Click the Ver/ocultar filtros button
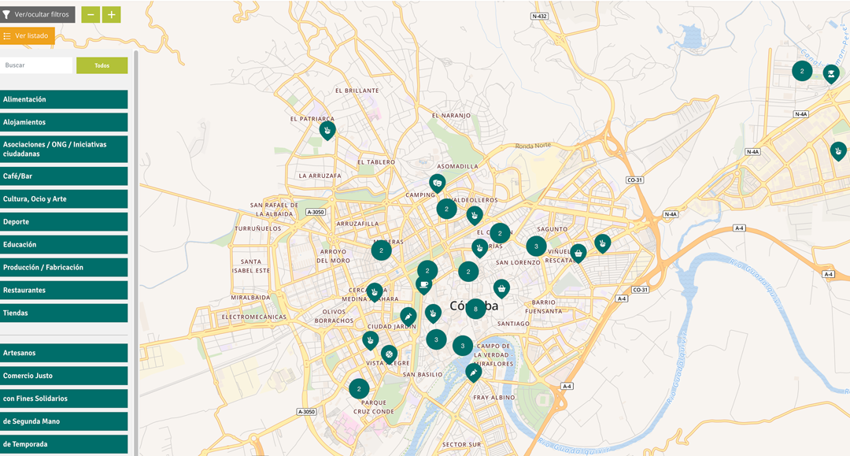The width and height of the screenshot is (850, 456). (x=37, y=14)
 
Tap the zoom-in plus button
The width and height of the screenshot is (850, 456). (x=112, y=14)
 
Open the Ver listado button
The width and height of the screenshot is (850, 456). (x=27, y=35)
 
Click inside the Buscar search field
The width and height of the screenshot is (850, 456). (x=36, y=65)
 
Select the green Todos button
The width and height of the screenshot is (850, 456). (x=102, y=65)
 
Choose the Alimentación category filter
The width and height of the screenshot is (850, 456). (x=64, y=99)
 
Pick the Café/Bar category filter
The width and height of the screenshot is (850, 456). (x=64, y=176)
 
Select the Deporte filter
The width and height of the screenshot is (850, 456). (x=64, y=222)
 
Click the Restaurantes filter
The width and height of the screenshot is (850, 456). (x=64, y=291)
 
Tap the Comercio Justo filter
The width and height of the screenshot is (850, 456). (x=64, y=376)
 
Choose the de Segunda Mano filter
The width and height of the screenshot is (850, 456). (x=64, y=421)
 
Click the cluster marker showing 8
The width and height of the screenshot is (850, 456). (x=475, y=309)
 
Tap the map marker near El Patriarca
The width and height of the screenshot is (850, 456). (x=327, y=130)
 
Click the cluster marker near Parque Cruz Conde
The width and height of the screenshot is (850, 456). (x=359, y=388)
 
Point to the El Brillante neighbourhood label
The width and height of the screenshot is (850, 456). (x=357, y=91)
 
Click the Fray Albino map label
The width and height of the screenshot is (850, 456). (x=493, y=398)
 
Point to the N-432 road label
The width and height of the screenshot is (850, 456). (x=539, y=16)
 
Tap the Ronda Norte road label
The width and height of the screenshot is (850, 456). (x=534, y=146)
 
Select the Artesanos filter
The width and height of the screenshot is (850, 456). (x=64, y=353)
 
